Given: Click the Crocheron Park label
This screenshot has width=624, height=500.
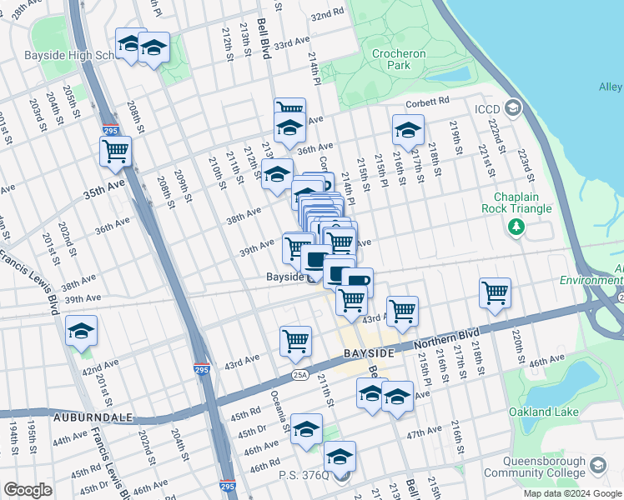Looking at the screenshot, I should (x=399, y=59).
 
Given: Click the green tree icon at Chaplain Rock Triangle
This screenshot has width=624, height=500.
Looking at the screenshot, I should (x=517, y=226).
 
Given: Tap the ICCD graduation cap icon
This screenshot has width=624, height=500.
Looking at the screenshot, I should (x=513, y=107).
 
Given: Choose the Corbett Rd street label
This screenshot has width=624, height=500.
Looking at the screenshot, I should (x=427, y=101).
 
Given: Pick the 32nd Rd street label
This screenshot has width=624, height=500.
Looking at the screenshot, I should (x=326, y=15).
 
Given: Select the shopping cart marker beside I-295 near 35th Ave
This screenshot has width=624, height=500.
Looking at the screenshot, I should (x=115, y=152).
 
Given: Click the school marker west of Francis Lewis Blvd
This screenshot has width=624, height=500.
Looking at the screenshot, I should (x=82, y=332).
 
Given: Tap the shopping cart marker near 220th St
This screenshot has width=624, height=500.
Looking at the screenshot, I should (x=495, y=293).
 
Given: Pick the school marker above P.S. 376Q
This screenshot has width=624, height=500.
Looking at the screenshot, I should (x=340, y=457).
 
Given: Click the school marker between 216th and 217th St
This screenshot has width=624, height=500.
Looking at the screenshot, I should (x=408, y=130).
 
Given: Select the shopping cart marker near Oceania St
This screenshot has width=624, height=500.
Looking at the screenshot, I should (x=296, y=340).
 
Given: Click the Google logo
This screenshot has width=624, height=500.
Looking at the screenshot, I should (x=28, y=490).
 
